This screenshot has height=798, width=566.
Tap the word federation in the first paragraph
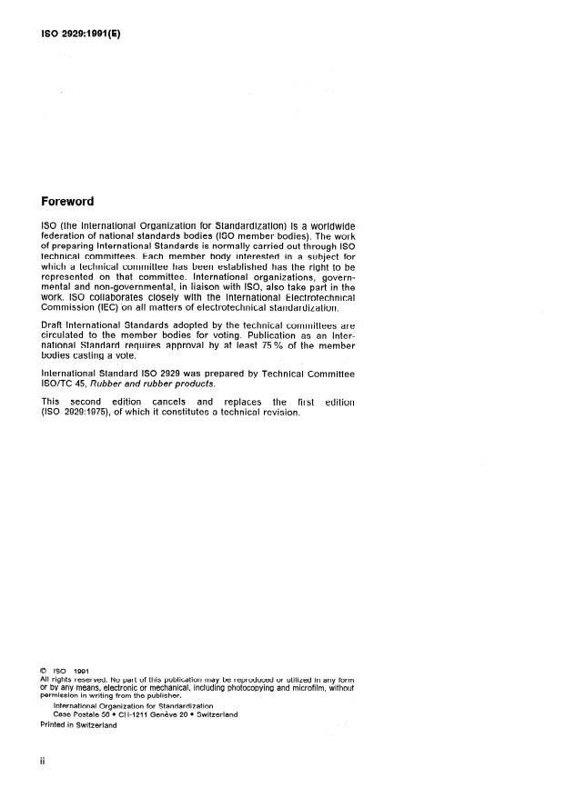point(66,236)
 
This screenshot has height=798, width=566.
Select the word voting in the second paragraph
point(222,336)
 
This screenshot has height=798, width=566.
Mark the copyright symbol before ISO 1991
point(44,672)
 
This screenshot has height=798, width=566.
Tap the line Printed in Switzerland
point(78,724)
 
